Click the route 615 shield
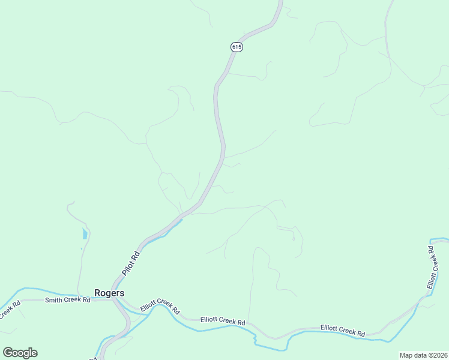coord(237,47)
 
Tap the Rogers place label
coord(109,293)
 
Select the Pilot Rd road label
coord(131,263)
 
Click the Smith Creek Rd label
coord(67,299)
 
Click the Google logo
coord(20,353)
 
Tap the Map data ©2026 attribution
coord(423,355)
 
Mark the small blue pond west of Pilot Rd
coord(85,233)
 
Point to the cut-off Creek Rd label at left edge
coord(8,310)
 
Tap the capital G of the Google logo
coord(8,353)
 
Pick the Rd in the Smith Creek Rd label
coord(86,299)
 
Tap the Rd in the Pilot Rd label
coord(136,256)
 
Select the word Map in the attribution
coord(406,355)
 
